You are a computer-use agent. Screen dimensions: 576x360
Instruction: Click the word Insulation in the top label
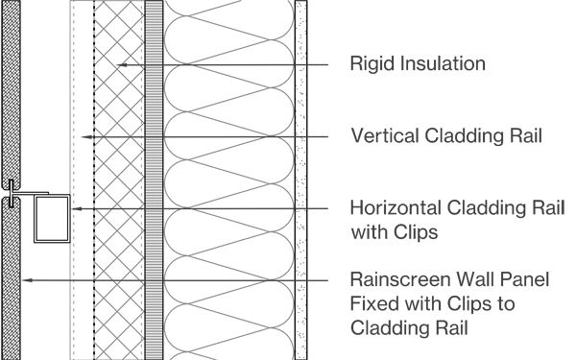click(438, 65)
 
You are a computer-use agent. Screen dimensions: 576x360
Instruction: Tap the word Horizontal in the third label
click(395, 208)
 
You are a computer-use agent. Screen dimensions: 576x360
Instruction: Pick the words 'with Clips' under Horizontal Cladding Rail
click(395, 231)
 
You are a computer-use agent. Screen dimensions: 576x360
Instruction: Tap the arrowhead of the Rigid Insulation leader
click(120, 65)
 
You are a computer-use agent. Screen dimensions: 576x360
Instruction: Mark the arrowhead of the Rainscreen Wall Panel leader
click(25, 280)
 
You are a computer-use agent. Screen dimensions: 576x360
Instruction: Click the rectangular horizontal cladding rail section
click(52, 218)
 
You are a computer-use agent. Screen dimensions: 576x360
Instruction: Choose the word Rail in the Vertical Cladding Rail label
click(522, 136)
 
